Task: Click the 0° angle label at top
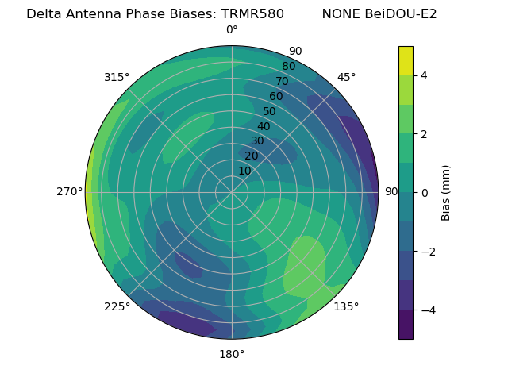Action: tap(232, 30)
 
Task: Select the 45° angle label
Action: tap(346, 77)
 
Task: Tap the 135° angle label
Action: tap(346, 306)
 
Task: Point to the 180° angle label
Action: tap(232, 354)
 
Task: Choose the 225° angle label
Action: tap(117, 307)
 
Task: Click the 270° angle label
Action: tap(70, 192)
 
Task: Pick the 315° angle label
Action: tap(117, 77)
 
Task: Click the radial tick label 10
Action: tap(244, 171)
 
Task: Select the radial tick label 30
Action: tap(257, 141)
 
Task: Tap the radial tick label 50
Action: tap(270, 112)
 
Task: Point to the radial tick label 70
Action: tap(282, 82)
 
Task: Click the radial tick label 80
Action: tap(288, 67)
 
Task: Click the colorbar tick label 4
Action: tap(425, 75)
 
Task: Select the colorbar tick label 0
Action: tap(425, 193)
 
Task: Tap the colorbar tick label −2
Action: tap(428, 252)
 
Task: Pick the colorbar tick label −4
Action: tap(428, 310)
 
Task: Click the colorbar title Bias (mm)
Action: tap(446, 193)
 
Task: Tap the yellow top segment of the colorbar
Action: tap(406, 60)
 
